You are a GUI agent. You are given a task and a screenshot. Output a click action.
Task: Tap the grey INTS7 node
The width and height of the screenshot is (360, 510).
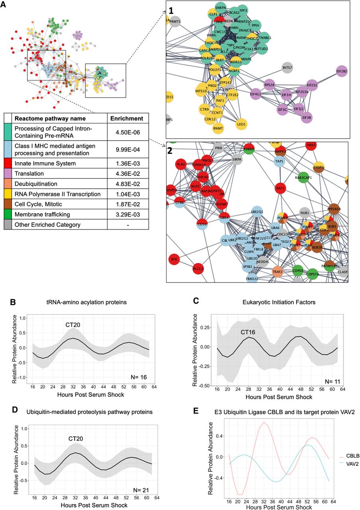coord(287,67)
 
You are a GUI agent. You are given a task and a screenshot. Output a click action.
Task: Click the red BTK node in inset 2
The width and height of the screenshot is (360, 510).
coord(174,259)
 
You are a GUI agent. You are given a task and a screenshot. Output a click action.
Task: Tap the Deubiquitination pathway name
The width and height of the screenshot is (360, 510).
coord(37,183)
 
